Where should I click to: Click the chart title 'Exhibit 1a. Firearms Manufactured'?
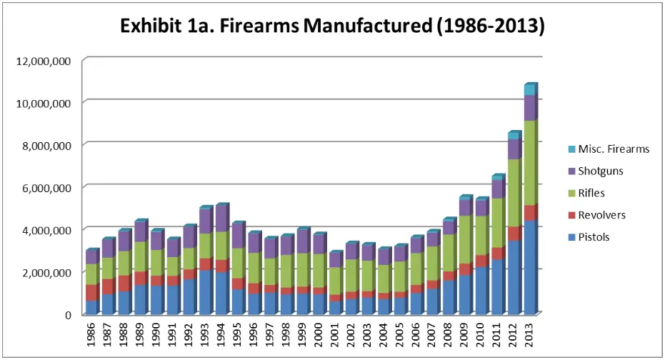(333, 26)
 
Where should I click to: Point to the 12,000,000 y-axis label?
(41, 61)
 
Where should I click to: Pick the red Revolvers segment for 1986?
(92, 292)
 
